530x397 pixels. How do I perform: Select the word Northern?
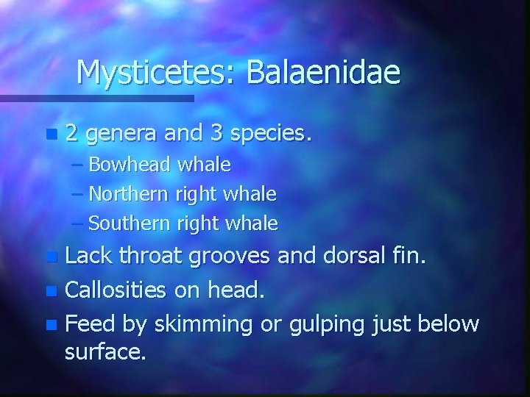pos(130,194)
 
